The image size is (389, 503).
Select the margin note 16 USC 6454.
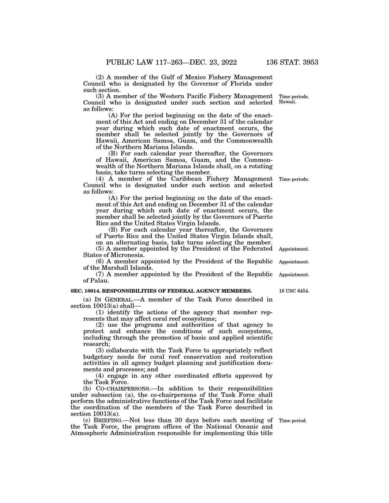[x=294, y=291]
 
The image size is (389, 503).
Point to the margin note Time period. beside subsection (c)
[x=293, y=421]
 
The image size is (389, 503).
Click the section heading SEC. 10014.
[x=85, y=291]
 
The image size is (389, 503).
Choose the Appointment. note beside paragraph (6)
[x=294, y=262]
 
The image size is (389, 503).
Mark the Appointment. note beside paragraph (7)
[x=294, y=275]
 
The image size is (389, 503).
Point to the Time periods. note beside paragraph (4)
[x=294, y=179]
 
